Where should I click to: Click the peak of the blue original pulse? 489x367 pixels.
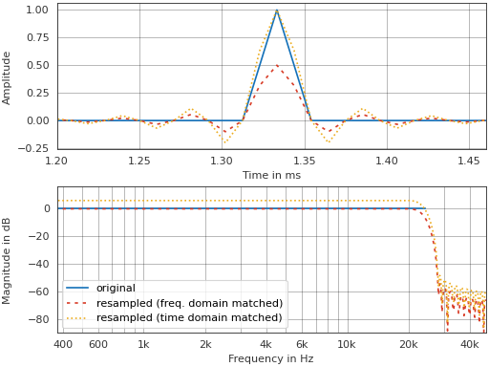tap(277, 11)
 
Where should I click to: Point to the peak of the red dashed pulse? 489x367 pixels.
tap(277, 66)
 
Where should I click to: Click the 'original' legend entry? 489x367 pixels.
tap(116, 288)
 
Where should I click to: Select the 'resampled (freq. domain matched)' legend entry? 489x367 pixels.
tap(189, 303)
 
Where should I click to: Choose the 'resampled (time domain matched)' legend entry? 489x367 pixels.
tap(189, 318)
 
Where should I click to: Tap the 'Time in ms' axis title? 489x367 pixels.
tap(271, 175)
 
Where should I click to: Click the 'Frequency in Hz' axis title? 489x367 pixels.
tap(271, 358)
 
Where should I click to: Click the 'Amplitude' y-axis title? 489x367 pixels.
tap(8, 77)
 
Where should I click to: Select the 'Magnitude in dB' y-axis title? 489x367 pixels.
tap(8, 260)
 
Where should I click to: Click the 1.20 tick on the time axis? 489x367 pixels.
tap(57, 161)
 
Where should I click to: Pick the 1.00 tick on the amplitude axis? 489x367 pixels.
tap(37, 11)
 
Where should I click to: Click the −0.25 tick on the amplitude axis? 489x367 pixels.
tap(34, 148)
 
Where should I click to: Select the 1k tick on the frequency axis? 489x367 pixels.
tap(143, 344)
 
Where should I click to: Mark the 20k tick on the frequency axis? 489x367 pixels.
tap(408, 344)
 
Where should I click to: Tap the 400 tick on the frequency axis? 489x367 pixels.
tap(63, 344)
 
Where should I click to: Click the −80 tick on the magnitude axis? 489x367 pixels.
tap(38, 320)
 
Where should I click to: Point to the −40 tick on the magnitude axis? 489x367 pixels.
tap(38, 265)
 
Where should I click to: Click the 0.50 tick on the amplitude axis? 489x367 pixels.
tap(37, 66)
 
